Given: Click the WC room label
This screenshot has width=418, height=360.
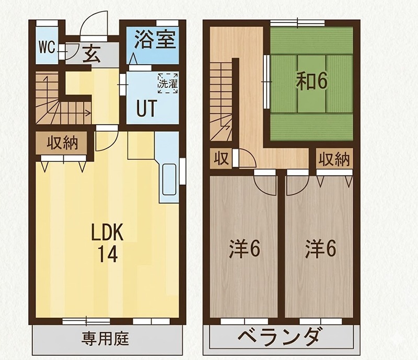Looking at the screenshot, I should pos(47,48).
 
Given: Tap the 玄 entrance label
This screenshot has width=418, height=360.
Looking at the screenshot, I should pos(93,54).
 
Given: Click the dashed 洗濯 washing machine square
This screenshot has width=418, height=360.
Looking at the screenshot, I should pos(168,83).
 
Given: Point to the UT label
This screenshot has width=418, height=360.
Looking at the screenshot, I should pos(146,109).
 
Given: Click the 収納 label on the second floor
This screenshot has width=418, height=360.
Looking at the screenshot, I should pos(334,159).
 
